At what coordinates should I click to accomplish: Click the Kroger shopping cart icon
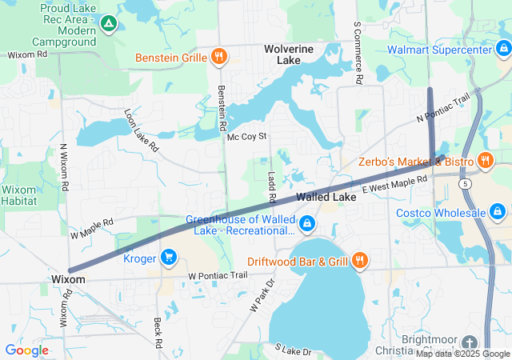[x=168, y=257]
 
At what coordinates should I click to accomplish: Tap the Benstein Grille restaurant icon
[x=218, y=56]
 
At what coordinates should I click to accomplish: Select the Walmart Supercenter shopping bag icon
[x=502, y=50]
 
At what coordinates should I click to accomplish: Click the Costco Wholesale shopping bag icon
[x=497, y=212]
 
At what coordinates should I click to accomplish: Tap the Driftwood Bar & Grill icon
[x=359, y=260]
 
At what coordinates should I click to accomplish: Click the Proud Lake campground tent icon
[x=108, y=24]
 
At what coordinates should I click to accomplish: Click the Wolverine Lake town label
[x=288, y=54]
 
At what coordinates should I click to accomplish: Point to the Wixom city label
[x=67, y=279]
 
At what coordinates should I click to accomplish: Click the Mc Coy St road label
[x=246, y=138]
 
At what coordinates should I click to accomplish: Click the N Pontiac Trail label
[x=443, y=110]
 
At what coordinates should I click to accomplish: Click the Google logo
[x=26, y=350]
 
